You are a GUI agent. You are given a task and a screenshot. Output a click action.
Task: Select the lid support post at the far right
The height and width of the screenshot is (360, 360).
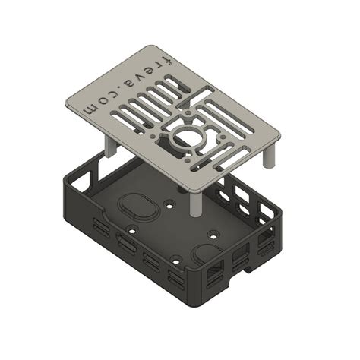tap(269, 156)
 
